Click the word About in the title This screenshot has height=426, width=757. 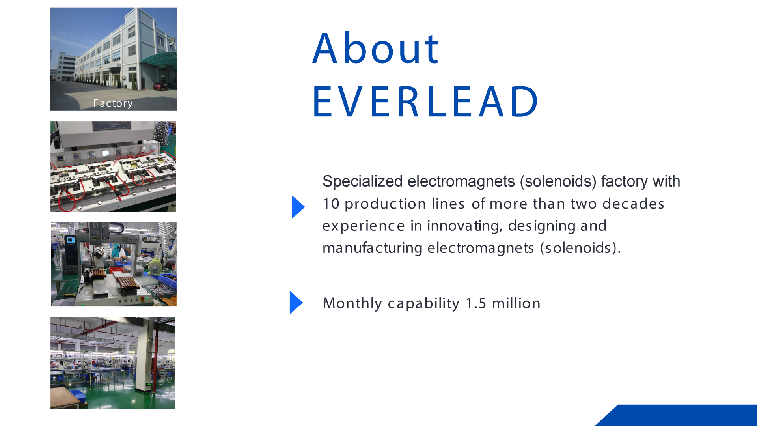coord(375,48)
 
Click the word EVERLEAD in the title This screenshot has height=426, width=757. coord(425,102)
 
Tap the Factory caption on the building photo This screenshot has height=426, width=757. coord(113,103)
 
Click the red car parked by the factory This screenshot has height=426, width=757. coord(161,86)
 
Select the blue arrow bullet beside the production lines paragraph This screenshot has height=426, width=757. coord(298,207)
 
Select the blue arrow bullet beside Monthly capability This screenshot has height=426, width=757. coord(296,303)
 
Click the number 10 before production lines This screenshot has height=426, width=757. coord(331,204)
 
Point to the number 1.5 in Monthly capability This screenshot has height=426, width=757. coord(476,303)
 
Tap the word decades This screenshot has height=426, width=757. coord(633,204)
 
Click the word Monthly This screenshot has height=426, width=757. coord(352,303)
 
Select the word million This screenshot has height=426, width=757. coord(516,303)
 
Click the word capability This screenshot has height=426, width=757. coord(423,304)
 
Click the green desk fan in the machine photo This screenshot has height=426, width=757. coord(155,267)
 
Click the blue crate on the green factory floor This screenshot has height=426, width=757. coord(77,396)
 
